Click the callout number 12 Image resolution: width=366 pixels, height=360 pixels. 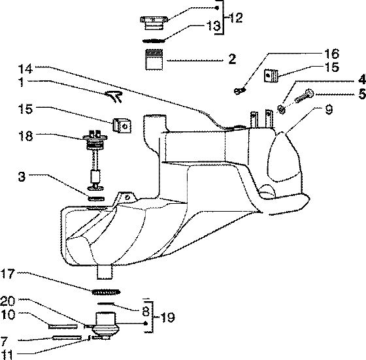point(235,18)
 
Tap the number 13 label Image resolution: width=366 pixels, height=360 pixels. point(214,25)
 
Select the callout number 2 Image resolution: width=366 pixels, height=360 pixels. point(232,59)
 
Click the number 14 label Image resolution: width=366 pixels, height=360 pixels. point(25,69)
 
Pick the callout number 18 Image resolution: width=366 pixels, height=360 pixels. point(25,136)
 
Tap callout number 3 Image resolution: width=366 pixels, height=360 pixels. point(22,176)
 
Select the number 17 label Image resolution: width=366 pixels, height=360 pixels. point(8,274)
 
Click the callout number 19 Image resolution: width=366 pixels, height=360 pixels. point(167,317)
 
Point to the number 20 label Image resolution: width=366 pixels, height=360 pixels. point(8,301)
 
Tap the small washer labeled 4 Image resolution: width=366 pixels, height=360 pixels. point(282,109)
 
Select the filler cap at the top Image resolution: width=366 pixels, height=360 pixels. point(154,24)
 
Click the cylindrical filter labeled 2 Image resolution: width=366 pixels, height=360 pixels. point(154,59)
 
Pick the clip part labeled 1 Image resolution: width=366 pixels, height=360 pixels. point(114,97)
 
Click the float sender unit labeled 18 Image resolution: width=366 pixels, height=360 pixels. point(95,160)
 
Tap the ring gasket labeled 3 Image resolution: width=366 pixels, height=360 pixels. point(96,199)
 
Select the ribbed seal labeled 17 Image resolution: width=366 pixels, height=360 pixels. point(107,292)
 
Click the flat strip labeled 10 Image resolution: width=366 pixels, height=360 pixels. point(63,327)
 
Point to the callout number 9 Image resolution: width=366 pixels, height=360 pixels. point(329,109)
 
